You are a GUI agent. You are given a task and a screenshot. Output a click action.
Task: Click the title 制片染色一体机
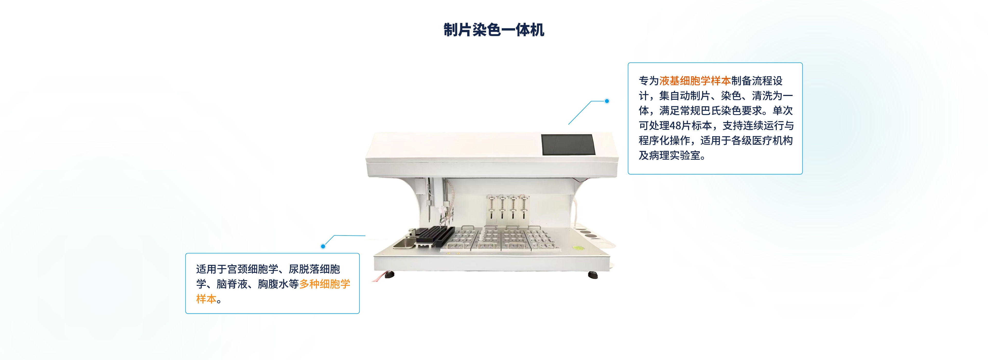(494, 30)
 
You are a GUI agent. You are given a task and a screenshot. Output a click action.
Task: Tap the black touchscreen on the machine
(568, 145)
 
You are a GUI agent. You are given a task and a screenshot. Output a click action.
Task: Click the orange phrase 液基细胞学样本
(695, 81)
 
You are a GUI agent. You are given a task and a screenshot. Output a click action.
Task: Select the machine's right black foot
(593, 275)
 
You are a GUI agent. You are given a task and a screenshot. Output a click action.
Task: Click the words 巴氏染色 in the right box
(721, 111)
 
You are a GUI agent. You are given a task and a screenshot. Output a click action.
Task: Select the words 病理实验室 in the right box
(675, 156)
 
